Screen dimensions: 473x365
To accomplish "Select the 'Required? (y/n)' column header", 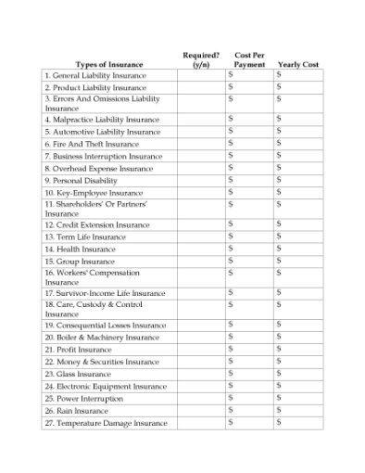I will tap(201, 59).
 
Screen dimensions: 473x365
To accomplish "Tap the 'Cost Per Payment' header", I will tap(249, 59).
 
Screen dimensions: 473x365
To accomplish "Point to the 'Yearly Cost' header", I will tap(298, 64).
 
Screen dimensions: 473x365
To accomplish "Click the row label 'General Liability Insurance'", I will tap(94, 74).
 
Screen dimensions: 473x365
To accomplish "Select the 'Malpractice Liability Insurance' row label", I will tap(102, 120).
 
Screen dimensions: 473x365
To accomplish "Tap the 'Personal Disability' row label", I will tap(82, 181).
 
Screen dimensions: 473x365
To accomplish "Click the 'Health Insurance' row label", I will tap(80, 249).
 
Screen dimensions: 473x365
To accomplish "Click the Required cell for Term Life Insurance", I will tap(201, 236).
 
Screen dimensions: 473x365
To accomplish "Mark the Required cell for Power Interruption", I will tap(201, 398).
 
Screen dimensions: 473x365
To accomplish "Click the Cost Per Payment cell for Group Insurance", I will tap(249, 262).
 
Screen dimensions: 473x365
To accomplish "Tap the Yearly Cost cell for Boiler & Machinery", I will tap(298, 338).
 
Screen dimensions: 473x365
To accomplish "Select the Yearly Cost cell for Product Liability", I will tap(298, 86).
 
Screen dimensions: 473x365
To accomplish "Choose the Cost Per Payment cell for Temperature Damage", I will tap(249, 423).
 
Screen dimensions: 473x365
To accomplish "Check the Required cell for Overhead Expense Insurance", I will tap(201, 169).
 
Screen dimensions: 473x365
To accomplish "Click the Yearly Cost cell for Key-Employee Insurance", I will tap(298, 193).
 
